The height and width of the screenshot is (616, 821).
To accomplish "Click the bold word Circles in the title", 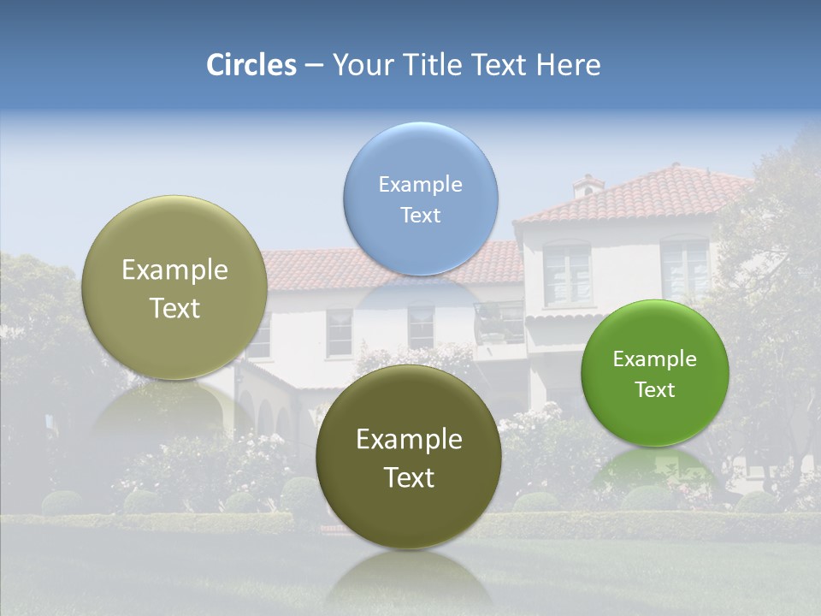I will (x=251, y=65).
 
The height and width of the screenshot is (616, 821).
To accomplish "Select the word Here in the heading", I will (x=569, y=65).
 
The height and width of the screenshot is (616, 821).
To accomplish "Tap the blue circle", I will (x=421, y=199).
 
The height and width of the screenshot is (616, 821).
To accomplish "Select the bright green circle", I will (x=655, y=373).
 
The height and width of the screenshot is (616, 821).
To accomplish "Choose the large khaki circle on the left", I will (x=174, y=287).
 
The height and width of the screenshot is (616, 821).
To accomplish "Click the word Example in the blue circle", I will (x=421, y=185).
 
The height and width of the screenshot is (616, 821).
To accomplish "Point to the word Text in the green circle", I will (x=655, y=390).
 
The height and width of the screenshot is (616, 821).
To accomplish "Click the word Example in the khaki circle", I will (x=174, y=270).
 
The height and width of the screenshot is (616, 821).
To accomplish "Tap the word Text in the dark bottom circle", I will (x=409, y=477).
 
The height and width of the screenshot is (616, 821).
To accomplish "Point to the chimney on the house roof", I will (x=588, y=185).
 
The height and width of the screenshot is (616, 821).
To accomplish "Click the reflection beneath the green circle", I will (x=655, y=471).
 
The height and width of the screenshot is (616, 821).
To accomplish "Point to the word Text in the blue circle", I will (x=421, y=215).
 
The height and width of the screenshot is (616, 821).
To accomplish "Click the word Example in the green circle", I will (x=655, y=359).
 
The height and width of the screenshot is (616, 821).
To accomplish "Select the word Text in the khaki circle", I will (x=174, y=308).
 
